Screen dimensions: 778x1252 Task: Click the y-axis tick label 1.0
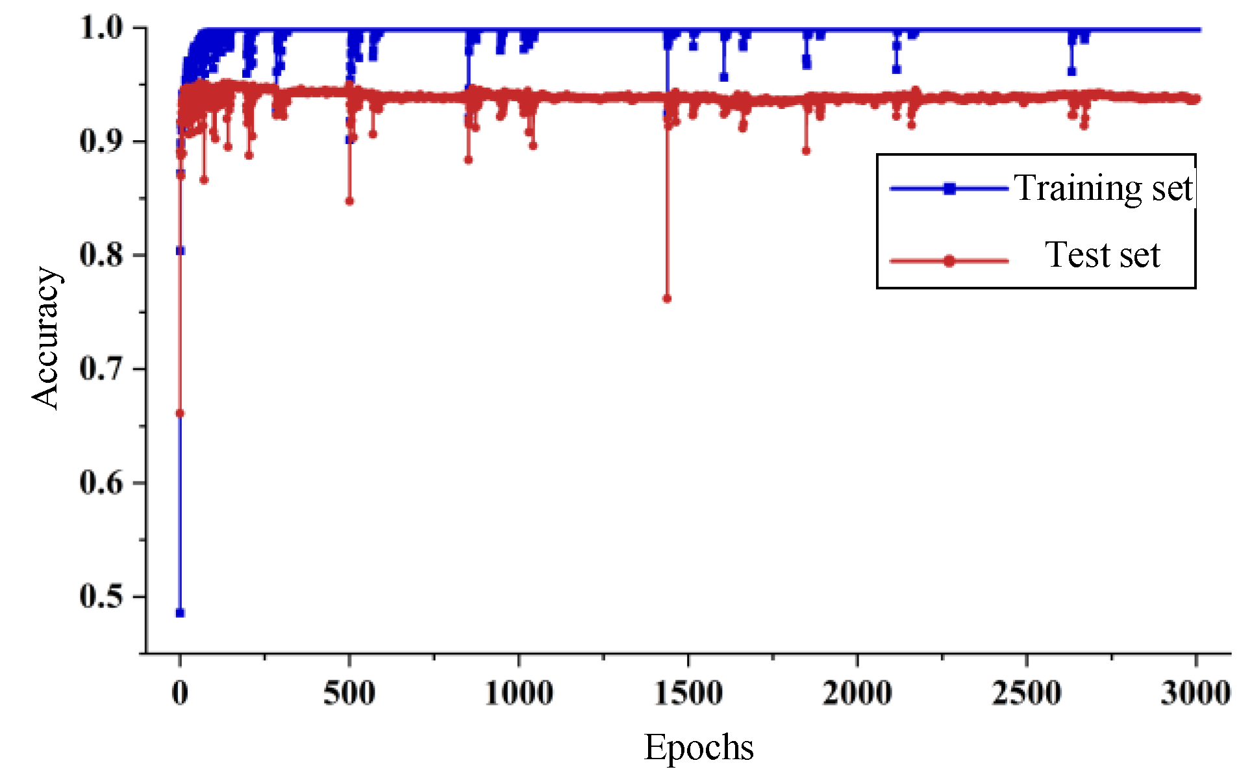pos(101,28)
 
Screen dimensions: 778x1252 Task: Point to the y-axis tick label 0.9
pos(101,141)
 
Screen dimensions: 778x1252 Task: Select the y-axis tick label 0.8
pos(101,255)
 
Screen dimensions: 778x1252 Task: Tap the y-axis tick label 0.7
pos(101,369)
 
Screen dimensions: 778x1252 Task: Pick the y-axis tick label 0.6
pos(101,483)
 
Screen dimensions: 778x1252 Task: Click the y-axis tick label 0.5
pos(101,596)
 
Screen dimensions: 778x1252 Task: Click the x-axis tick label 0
pos(180,693)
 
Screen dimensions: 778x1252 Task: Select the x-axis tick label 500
pos(349,693)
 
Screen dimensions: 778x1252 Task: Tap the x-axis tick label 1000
pos(519,693)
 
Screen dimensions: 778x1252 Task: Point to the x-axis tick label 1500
pos(688,693)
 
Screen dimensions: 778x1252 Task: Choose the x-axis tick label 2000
pos(857,693)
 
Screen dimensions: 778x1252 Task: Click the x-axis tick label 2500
pos(1027,693)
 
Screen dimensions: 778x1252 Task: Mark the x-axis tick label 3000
pos(1196,693)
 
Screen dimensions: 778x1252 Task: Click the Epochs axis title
pos(699,748)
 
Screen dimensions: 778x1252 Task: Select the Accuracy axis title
pos(47,337)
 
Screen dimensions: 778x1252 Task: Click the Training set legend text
pos(1103,189)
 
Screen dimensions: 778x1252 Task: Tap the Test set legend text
pos(1102,255)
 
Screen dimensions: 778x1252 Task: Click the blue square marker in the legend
pos(949,189)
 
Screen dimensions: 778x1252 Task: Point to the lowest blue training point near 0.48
pos(180,613)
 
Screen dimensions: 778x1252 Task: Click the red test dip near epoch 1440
pos(667,298)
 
